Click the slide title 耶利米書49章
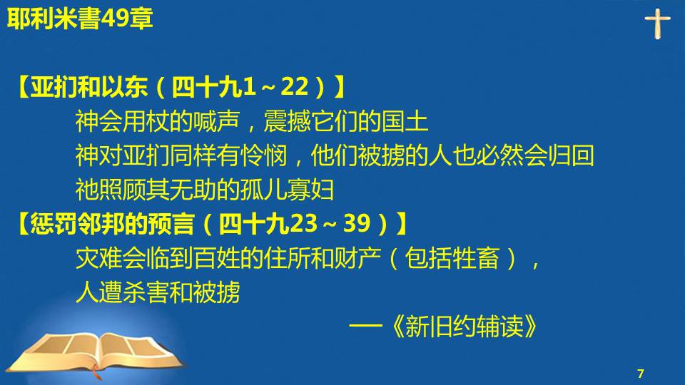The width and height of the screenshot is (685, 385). (80, 19)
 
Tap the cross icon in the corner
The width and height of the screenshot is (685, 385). (657, 24)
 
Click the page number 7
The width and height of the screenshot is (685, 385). (641, 374)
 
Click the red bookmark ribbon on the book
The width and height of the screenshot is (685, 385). (97, 373)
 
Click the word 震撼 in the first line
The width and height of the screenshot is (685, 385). (288, 121)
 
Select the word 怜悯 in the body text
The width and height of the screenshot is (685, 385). (264, 155)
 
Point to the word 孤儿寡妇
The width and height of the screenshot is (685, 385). (288, 190)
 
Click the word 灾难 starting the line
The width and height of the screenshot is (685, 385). (98, 257)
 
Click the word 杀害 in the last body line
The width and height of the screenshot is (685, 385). (146, 292)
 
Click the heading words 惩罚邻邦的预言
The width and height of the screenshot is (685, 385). (112, 223)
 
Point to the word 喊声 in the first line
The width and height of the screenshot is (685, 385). (217, 121)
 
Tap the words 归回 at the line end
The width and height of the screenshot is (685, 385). (572, 155)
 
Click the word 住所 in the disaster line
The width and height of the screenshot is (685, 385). (288, 257)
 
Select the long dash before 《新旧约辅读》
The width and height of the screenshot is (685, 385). (366, 325)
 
